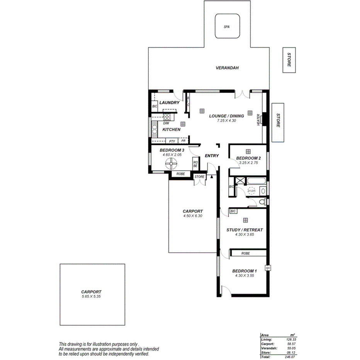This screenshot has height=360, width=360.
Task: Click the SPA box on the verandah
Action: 226,27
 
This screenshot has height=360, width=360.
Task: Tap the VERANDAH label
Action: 227,68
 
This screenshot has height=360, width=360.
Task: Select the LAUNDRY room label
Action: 169,103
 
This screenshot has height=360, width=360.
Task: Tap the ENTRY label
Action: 212,156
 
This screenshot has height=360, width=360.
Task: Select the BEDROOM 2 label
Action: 249,158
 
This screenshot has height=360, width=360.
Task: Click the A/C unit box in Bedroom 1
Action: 267,268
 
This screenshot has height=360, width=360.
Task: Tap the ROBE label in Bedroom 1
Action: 245,253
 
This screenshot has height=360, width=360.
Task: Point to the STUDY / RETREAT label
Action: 245,230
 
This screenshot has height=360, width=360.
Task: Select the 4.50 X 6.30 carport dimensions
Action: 193,216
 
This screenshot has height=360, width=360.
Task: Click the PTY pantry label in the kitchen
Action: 172,141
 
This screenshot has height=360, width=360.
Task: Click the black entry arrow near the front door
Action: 212,177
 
